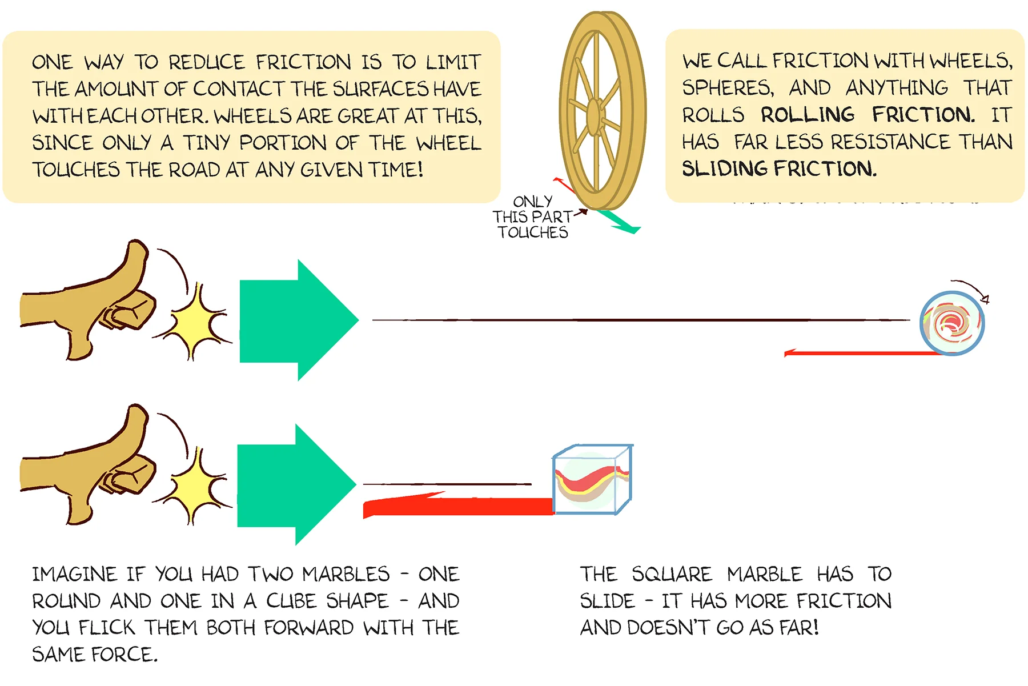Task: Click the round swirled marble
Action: tap(952, 323)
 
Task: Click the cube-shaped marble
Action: tap(592, 480)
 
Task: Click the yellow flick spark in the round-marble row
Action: tap(197, 323)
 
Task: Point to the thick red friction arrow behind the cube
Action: tap(457, 506)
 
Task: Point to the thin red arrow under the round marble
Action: tap(857, 354)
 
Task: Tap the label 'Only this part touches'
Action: tap(532, 217)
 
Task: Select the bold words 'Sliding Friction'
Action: tap(779, 169)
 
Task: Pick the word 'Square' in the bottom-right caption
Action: tap(672, 574)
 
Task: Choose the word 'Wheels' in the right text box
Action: tap(970, 61)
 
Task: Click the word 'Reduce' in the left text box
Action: tap(206, 62)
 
